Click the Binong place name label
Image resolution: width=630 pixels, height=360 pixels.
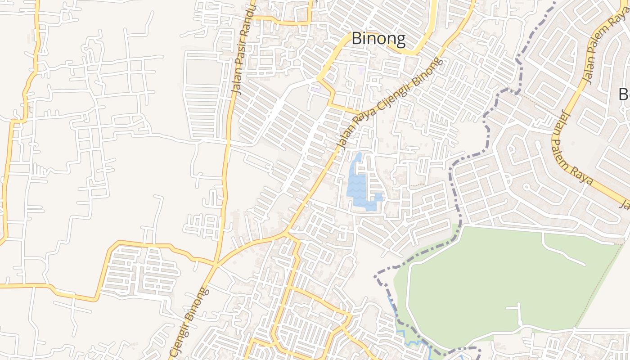pos(378,39)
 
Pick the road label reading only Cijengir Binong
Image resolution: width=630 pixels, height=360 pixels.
pos(189,322)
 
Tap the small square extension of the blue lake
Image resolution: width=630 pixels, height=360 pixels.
pos(378,197)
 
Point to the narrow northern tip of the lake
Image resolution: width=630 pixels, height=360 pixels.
pos(358,157)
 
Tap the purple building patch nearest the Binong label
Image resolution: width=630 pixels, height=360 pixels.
pos(361,70)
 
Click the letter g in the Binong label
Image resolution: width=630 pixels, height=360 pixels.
pos(399,40)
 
